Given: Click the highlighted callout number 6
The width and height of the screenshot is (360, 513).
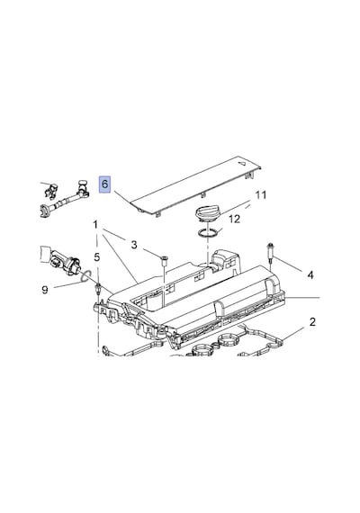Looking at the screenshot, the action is pos(104,184).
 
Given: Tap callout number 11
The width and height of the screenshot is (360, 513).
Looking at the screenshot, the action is pos(261,195).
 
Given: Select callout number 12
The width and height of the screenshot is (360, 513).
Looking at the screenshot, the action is pos(235,219).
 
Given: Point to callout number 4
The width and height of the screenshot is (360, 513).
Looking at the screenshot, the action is pos(310,274).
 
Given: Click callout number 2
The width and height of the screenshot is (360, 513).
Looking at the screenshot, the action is pos(312,322).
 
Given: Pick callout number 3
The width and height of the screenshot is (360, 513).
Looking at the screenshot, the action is pos(134,245).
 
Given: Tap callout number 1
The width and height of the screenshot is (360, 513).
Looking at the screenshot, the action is pos(95,225).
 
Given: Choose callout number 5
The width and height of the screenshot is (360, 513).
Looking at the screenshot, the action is pos(97,257).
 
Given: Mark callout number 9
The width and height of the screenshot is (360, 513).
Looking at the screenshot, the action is pos(45,290).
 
